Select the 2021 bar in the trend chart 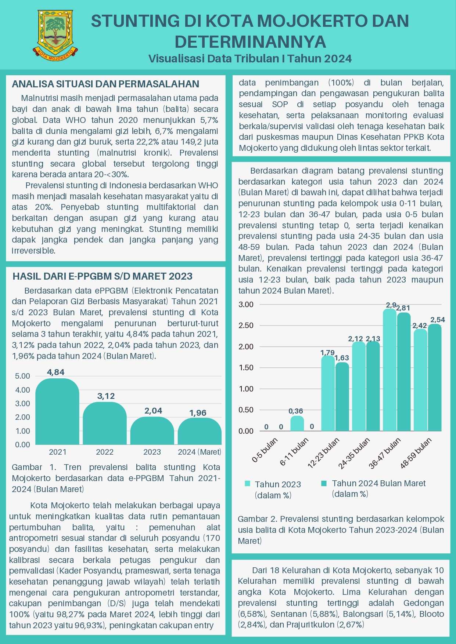[57, 411]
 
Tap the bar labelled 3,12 [105, 423]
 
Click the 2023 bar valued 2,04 [152, 430]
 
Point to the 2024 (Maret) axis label [200, 452]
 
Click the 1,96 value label [198, 413]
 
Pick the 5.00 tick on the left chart [22, 376]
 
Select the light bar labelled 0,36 [297, 423]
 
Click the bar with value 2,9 [390, 370]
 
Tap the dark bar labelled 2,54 [435, 377]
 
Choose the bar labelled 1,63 [342, 396]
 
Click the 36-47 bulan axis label [384, 454]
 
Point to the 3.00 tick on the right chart [246, 304]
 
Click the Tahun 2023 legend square [247, 484]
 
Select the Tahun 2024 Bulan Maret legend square [324, 483]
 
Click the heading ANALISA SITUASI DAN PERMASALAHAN [105, 84]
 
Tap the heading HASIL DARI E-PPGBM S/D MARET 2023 [103, 276]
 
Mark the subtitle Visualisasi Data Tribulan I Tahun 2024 [250, 59]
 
